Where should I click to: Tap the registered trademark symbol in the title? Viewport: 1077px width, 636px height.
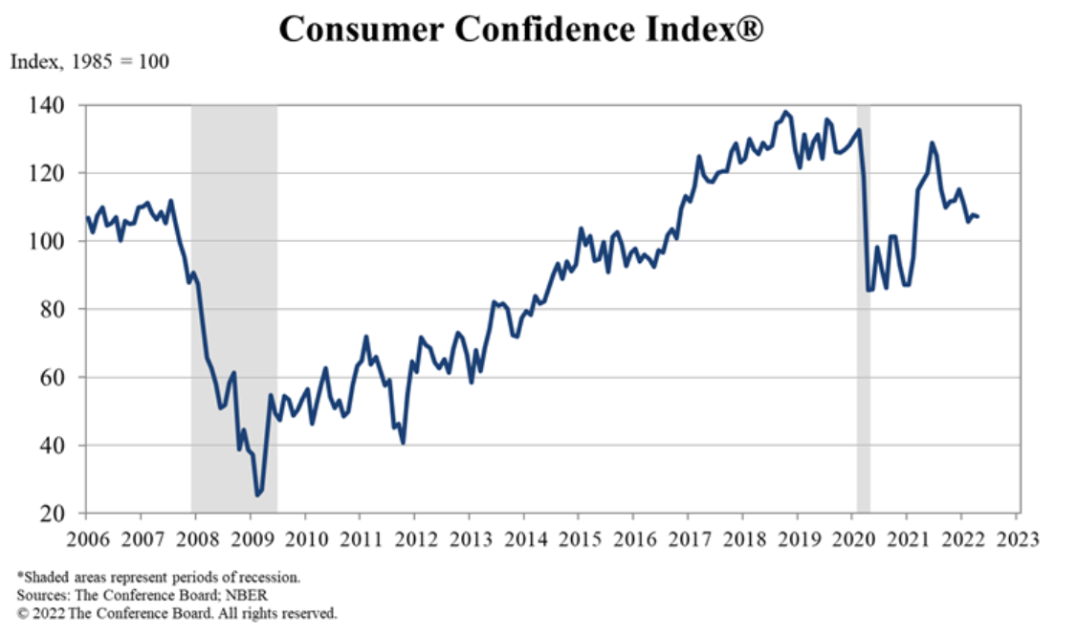[x=749, y=29]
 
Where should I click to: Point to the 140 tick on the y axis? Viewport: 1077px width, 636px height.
[x=60, y=105]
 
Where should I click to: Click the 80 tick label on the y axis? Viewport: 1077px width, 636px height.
[x=63, y=309]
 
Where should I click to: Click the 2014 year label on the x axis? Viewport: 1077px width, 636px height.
[x=523, y=537]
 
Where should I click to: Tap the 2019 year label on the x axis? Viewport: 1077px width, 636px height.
[x=797, y=537]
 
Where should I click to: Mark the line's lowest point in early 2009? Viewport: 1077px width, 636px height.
[x=256, y=494]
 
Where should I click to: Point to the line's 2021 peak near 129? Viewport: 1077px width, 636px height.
[x=931, y=143]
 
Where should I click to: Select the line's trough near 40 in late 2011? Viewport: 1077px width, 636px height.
[x=404, y=443]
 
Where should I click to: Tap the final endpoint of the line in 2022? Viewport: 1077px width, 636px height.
[x=977, y=216]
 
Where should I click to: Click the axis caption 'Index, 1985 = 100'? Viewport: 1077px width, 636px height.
[x=89, y=63]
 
